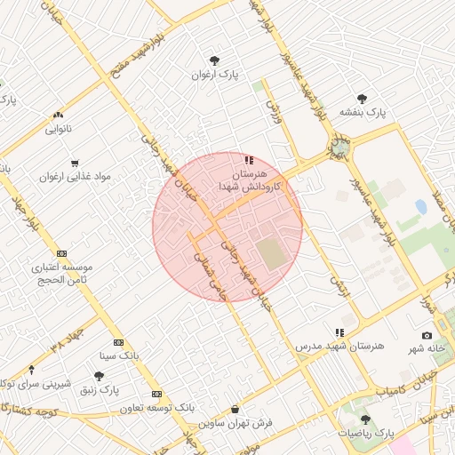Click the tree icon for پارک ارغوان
[214, 60]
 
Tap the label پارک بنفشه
[363, 113]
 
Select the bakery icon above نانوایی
[59, 115]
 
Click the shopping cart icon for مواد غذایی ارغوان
[75, 163]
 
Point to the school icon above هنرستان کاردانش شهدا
[249, 161]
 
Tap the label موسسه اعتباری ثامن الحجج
[61, 273]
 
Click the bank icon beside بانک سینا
[118, 343]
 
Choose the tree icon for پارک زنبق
[99, 376]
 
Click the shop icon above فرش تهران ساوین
[234, 409]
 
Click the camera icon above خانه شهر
[427, 335]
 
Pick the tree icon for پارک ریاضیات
[365, 419]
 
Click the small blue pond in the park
[420, 207]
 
